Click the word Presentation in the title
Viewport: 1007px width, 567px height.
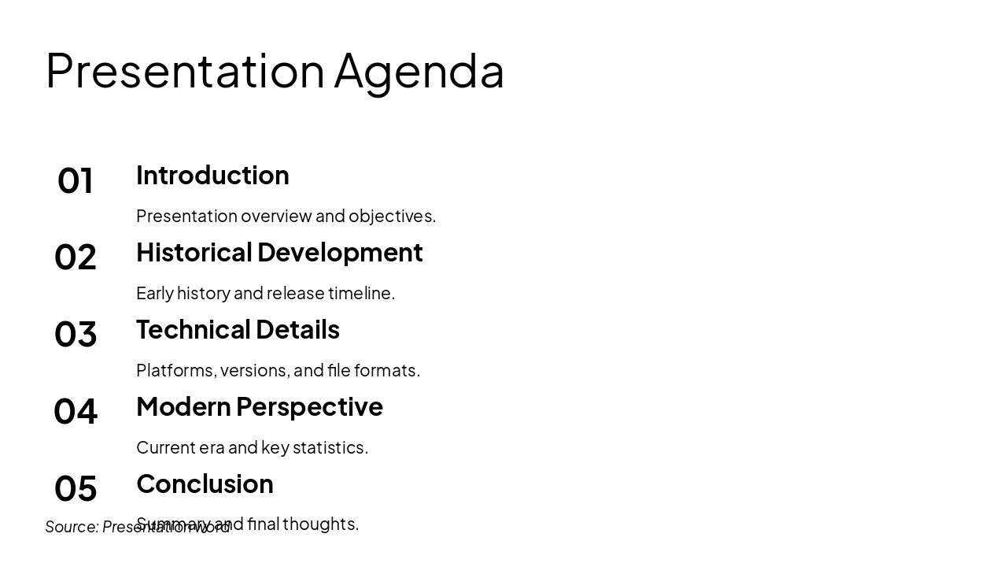coord(185,70)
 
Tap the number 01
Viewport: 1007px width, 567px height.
coord(76,180)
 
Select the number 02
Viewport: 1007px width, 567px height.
coord(76,258)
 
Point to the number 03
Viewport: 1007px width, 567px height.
coord(76,335)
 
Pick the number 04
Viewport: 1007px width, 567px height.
coord(76,412)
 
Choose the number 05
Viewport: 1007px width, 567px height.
coord(76,489)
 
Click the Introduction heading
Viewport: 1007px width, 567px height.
coord(212,175)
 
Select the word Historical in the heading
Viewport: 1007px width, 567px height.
coord(194,252)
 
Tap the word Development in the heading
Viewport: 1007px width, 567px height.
coord(340,252)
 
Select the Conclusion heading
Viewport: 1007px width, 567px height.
coord(205,484)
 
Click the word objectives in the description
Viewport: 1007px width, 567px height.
coord(392,217)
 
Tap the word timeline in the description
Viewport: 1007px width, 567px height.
coord(361,293)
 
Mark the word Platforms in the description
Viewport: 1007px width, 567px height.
coord(175,370)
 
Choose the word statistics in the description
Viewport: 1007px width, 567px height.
coord(330,447)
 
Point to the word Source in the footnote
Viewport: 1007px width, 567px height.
coord(72,527)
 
